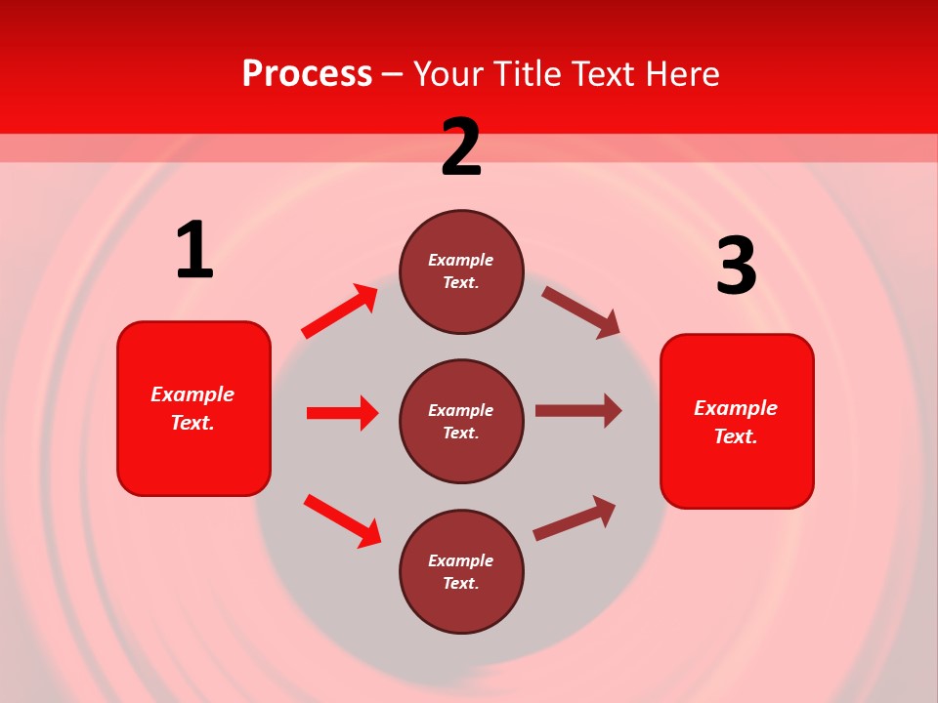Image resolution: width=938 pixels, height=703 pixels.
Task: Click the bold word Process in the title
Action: tap(307, 73)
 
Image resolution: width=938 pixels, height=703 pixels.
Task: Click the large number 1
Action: tap(194, 251)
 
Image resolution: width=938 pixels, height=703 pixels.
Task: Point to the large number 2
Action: tap(461, 147)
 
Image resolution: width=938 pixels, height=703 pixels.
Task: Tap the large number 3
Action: tap(736, 267)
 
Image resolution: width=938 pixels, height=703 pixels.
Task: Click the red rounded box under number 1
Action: tap(193, 408)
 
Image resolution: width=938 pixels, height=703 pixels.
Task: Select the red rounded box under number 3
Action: tap(737, 421)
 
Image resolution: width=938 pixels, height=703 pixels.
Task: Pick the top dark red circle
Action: tap(461, 271)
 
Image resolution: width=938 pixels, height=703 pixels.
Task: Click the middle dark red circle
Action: tap(461, 421)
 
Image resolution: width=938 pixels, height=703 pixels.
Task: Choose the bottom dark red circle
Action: tap(461, 571)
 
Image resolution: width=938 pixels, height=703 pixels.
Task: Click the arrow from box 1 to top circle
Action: tap(339, 311)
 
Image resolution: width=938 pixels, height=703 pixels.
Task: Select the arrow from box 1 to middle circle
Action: tap(342, 413)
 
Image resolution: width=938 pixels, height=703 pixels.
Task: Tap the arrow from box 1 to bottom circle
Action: tap(342, 520)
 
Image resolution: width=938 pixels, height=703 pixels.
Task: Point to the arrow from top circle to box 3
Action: tap(581, 311)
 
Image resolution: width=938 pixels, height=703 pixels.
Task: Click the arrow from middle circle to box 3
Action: tap(578, 410)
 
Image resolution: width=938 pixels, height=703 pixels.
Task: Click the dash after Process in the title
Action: tap(392, 73)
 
